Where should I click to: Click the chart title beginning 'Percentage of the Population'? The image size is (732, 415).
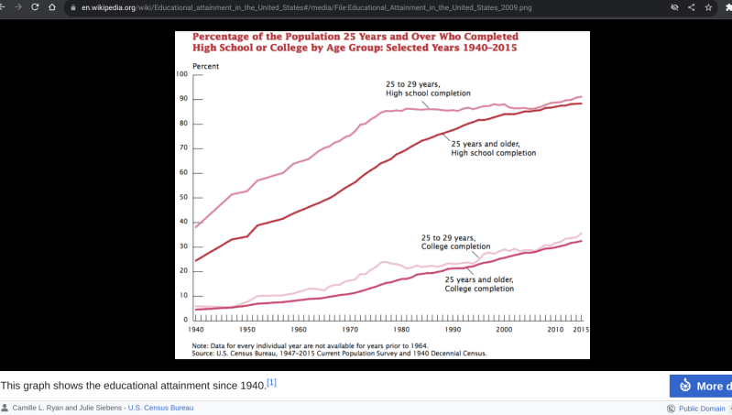pyautogui.click(x=356, y=42)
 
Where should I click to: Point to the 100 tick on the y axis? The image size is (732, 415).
pyautogui.click(x=182, y=74)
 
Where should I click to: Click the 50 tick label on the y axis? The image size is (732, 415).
pyautogui.click(x=182, y=197)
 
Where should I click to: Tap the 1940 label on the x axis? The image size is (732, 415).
pyautogui.click(x=195, y=328)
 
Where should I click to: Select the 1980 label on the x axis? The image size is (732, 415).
pyautogui.click(x=401, y=328)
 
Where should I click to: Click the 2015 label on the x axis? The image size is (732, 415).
pyautogui.click(x=579, y=328)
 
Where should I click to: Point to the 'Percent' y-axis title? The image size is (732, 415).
pyautogui.click(x=205, y=66)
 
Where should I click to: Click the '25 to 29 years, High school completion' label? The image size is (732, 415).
pyautogui.click(x=428, y=89)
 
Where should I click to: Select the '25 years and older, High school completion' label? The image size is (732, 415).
pyautogui.click(x=493, y=148)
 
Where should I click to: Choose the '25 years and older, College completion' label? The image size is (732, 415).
pyautogui.click(x=479, y=284)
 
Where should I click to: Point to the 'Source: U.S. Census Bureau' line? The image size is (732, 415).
pyautogui.click(x=339, y=353)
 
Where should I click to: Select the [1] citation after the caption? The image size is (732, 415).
pyautogui.click(x=271, y=382)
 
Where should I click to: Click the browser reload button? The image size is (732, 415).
pyautogui.click(x=36, y=7)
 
